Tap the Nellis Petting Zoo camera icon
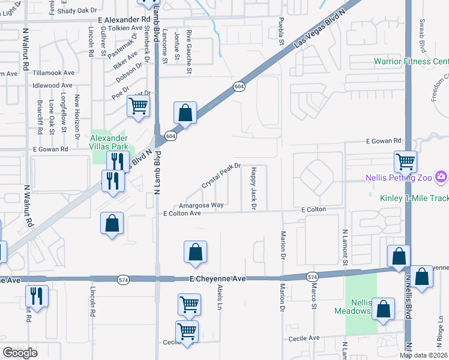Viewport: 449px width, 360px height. (442, 176)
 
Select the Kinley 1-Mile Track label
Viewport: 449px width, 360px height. (414, 197)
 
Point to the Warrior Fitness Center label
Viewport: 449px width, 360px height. (411, 61)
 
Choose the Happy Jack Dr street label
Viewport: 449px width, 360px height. (253, 188)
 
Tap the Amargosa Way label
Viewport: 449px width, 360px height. (201, 205)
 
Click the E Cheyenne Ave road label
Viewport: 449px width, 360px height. (218, 279)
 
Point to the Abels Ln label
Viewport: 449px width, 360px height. (219, 297)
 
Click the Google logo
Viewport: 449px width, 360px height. (19, 353)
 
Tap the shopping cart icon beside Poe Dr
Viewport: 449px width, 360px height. (139, 107)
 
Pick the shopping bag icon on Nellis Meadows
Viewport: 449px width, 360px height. (384, 310)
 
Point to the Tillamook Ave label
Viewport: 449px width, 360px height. (53, 73)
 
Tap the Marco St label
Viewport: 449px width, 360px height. (313, 297)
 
